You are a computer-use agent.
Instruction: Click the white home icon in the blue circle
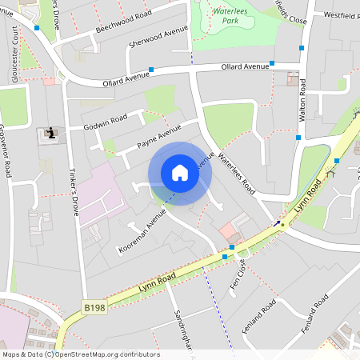pyautogui.click(x=179, y=173)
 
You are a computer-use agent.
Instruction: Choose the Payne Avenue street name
pyautogui.click(x=159, y=136)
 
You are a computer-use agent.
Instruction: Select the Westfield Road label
pyautogui.click(x=337, y=14)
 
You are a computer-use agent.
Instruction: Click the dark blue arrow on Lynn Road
pyautogui.click(x=278, y=225)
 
